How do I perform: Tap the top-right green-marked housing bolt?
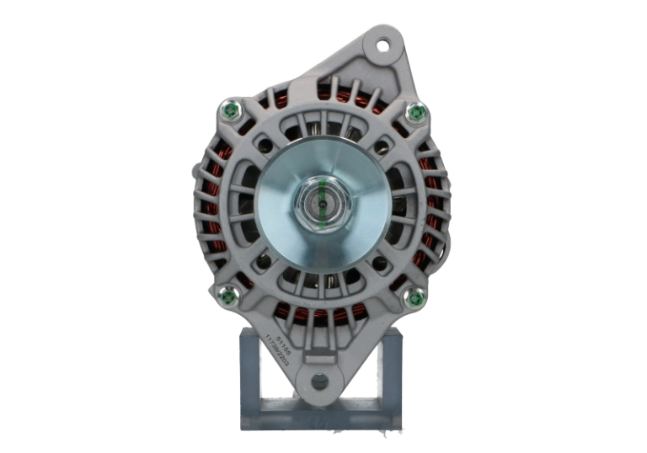pyautogui.click(x=414, y=111)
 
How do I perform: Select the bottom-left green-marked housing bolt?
pyautogui.click(x=227, y=295)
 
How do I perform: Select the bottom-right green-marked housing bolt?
pyautogui.click(x=414, y=296)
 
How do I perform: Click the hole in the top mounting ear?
pyautogui.click(x=383, y=45)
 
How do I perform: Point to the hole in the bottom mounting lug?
pyautogui.click(x=320, y=381)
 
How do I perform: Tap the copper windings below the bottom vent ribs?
pyautogui.click(x=320, y=315)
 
